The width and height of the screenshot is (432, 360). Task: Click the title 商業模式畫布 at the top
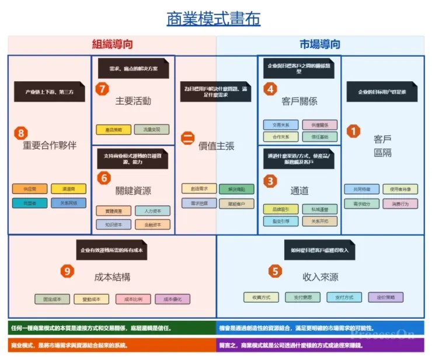click(x=213, y=19)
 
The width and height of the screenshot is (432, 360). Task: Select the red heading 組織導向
click(x=112, y=44)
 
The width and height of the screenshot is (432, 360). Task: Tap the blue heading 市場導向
click(x=320, y=44)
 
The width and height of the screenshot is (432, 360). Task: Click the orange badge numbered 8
click(x=20, y=133)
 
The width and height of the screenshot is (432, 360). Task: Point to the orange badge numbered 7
click(x=102, y=89)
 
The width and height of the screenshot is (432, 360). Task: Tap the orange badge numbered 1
click(x=353, y=131)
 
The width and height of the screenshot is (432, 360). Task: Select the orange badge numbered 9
click(x=68, y=271)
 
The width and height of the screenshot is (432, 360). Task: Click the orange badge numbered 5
click(x=275, y=271)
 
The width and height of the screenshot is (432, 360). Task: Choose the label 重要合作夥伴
click(x=50, y=146)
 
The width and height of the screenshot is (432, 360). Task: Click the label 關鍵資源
click(x=133, y=191)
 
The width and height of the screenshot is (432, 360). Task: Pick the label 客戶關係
click(x=299, y=101)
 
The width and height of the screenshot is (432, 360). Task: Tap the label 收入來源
click(x=320, y=276)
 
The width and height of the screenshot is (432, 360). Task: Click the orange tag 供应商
click(x=29, y=189)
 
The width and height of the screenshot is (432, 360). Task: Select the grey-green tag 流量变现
click(x=151, y=130)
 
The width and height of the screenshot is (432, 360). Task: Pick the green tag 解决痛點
click(x=236, y=189)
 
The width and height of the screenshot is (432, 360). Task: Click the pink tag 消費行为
click(x=400, y=204)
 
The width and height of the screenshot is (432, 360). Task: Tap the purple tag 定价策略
click(x=385, y=297)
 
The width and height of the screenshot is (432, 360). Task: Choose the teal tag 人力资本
click(x=152, y=210)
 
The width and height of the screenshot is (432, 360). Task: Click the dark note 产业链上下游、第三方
click(x=50, y=92)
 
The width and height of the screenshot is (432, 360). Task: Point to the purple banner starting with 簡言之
click(x=320, y=345)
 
